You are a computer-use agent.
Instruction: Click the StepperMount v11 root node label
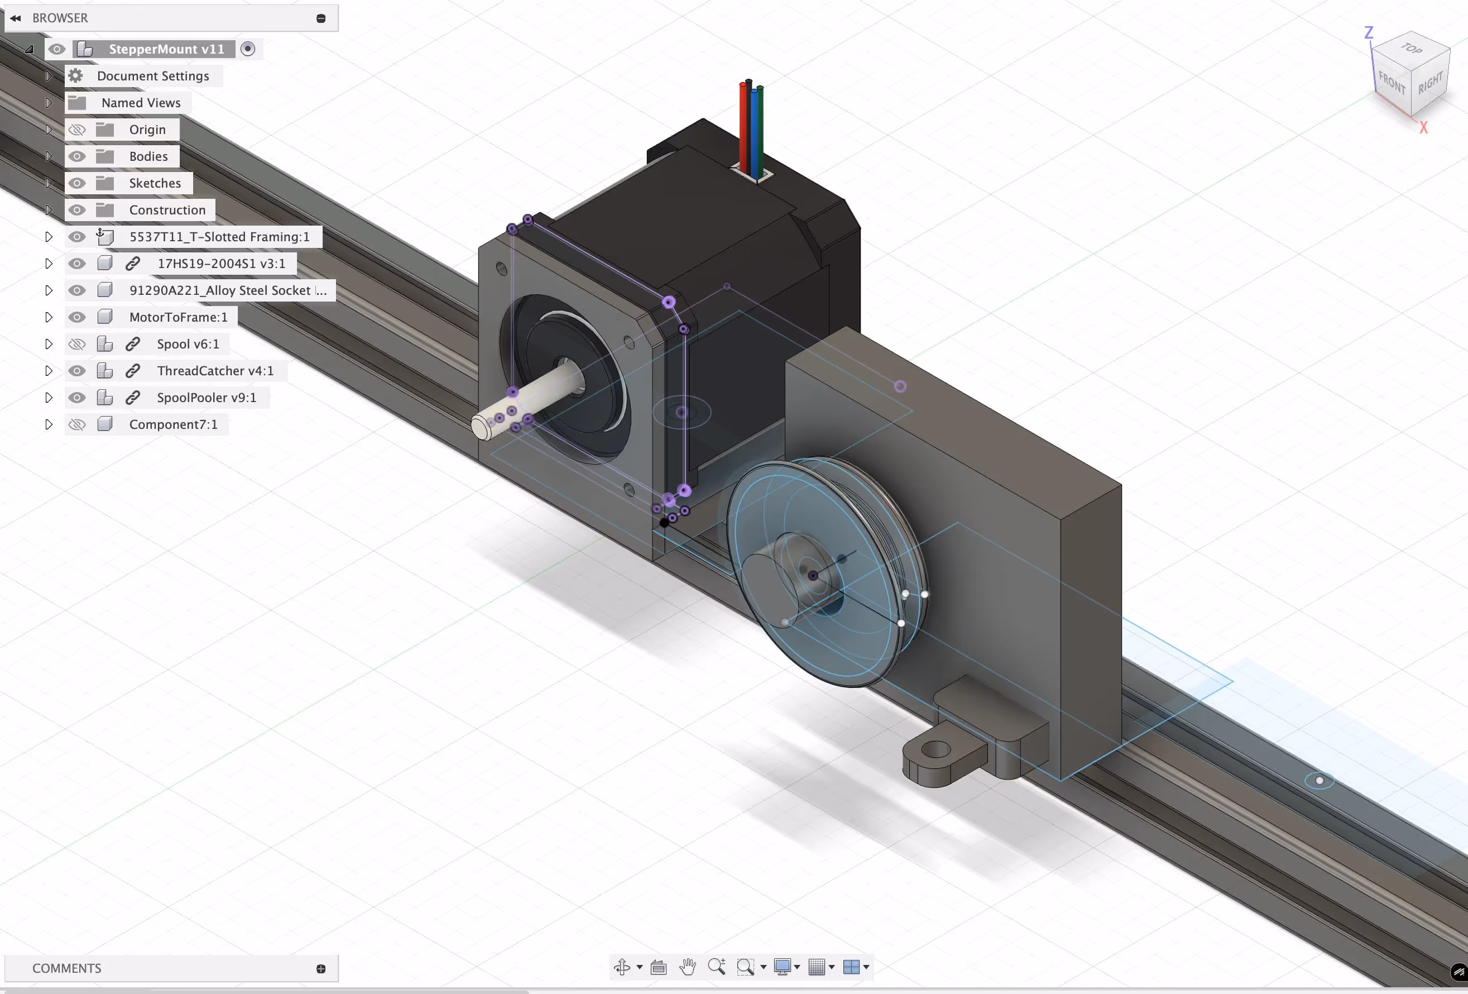166,49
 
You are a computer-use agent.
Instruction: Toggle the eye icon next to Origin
77,130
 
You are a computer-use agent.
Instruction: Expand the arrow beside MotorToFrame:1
49,317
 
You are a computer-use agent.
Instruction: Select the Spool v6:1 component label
188,345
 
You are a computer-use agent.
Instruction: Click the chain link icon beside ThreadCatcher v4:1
133,371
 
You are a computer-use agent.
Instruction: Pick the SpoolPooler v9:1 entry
206,398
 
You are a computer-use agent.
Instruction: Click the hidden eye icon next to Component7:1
77,424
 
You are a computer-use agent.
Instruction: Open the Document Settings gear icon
76,76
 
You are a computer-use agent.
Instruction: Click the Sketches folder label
155,183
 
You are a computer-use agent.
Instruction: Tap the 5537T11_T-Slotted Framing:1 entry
219,237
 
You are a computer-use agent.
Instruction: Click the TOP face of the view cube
1411,49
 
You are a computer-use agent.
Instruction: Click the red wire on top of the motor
743,126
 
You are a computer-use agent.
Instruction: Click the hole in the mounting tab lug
936,750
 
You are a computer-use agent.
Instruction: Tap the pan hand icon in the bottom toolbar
687,967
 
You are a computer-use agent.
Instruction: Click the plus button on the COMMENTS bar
321,969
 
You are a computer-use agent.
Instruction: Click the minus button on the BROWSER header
321,18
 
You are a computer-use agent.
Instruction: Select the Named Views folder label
141,103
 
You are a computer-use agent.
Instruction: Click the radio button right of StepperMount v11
248,49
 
